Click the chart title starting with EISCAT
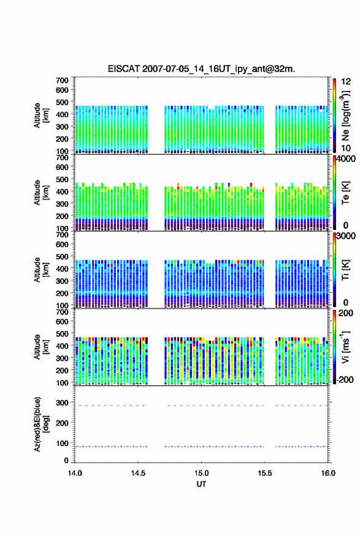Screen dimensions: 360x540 tap(201, 69)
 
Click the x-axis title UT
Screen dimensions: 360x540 tap(201, 484)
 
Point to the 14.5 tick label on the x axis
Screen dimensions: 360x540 tap(138, 473)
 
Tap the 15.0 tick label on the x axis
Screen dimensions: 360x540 tap(201, 473)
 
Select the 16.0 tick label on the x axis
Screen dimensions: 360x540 tap(328, 473)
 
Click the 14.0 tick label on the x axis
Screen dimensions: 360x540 tap(75, 473)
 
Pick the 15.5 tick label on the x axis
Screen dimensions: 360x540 tap(265, 473)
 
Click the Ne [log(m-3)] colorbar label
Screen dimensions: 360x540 tap(345, 116)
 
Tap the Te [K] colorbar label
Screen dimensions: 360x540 tap(345, 193)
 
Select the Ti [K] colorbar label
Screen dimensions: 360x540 tap(345, 270)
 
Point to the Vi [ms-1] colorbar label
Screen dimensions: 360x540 tap(345, 347)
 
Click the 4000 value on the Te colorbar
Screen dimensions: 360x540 tap(345, 159)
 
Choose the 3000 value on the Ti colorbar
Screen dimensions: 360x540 tap(345, 236)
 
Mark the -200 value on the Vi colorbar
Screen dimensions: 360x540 tap(343, 379)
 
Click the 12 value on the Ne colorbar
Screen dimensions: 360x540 tap(346, 82)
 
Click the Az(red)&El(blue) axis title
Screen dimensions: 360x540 tap(41, 424)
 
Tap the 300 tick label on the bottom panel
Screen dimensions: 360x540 tap(63, 403)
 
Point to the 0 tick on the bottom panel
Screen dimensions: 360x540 tap(66, 460)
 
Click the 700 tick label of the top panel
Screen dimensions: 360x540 tap(63, 80)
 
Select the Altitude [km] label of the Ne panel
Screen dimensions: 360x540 tap(41, 115)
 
